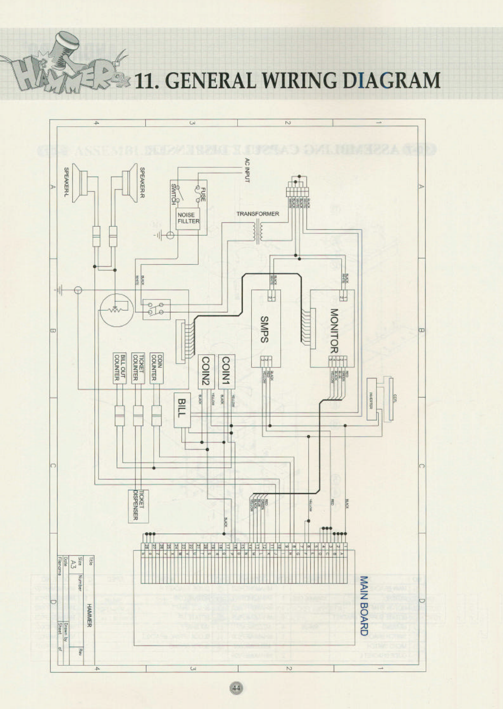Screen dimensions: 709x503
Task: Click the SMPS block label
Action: pyautogui.click(x=265, y=329)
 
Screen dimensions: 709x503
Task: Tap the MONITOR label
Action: pyautogui.click(x=334, y=331)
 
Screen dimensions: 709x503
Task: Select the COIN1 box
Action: pyautogui.click(x=226, y=371)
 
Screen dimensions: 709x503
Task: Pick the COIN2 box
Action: pyautogui.click(x=205, y=371)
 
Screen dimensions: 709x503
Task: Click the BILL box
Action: pyautogui.click(x=182, y=409)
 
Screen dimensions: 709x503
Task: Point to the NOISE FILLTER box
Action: pyautogui.click(x=188, y=218)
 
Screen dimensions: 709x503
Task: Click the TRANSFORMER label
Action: pyautogui.click(x=257, y=214)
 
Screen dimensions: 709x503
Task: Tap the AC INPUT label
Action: pyautogui.click(x=247, y=171)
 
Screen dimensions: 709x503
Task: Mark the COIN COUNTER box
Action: pyautogui.click(x=156, y=368)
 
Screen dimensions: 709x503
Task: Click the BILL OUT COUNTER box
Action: pyautogui.click(x=120, y=368)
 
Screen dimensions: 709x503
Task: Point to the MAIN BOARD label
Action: pyautogui.click(x=363, y=605)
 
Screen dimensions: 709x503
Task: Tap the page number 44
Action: pyautogui.click(x=236, y=688)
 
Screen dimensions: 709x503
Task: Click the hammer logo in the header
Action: pyautogui.click(x=63, y=68)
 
